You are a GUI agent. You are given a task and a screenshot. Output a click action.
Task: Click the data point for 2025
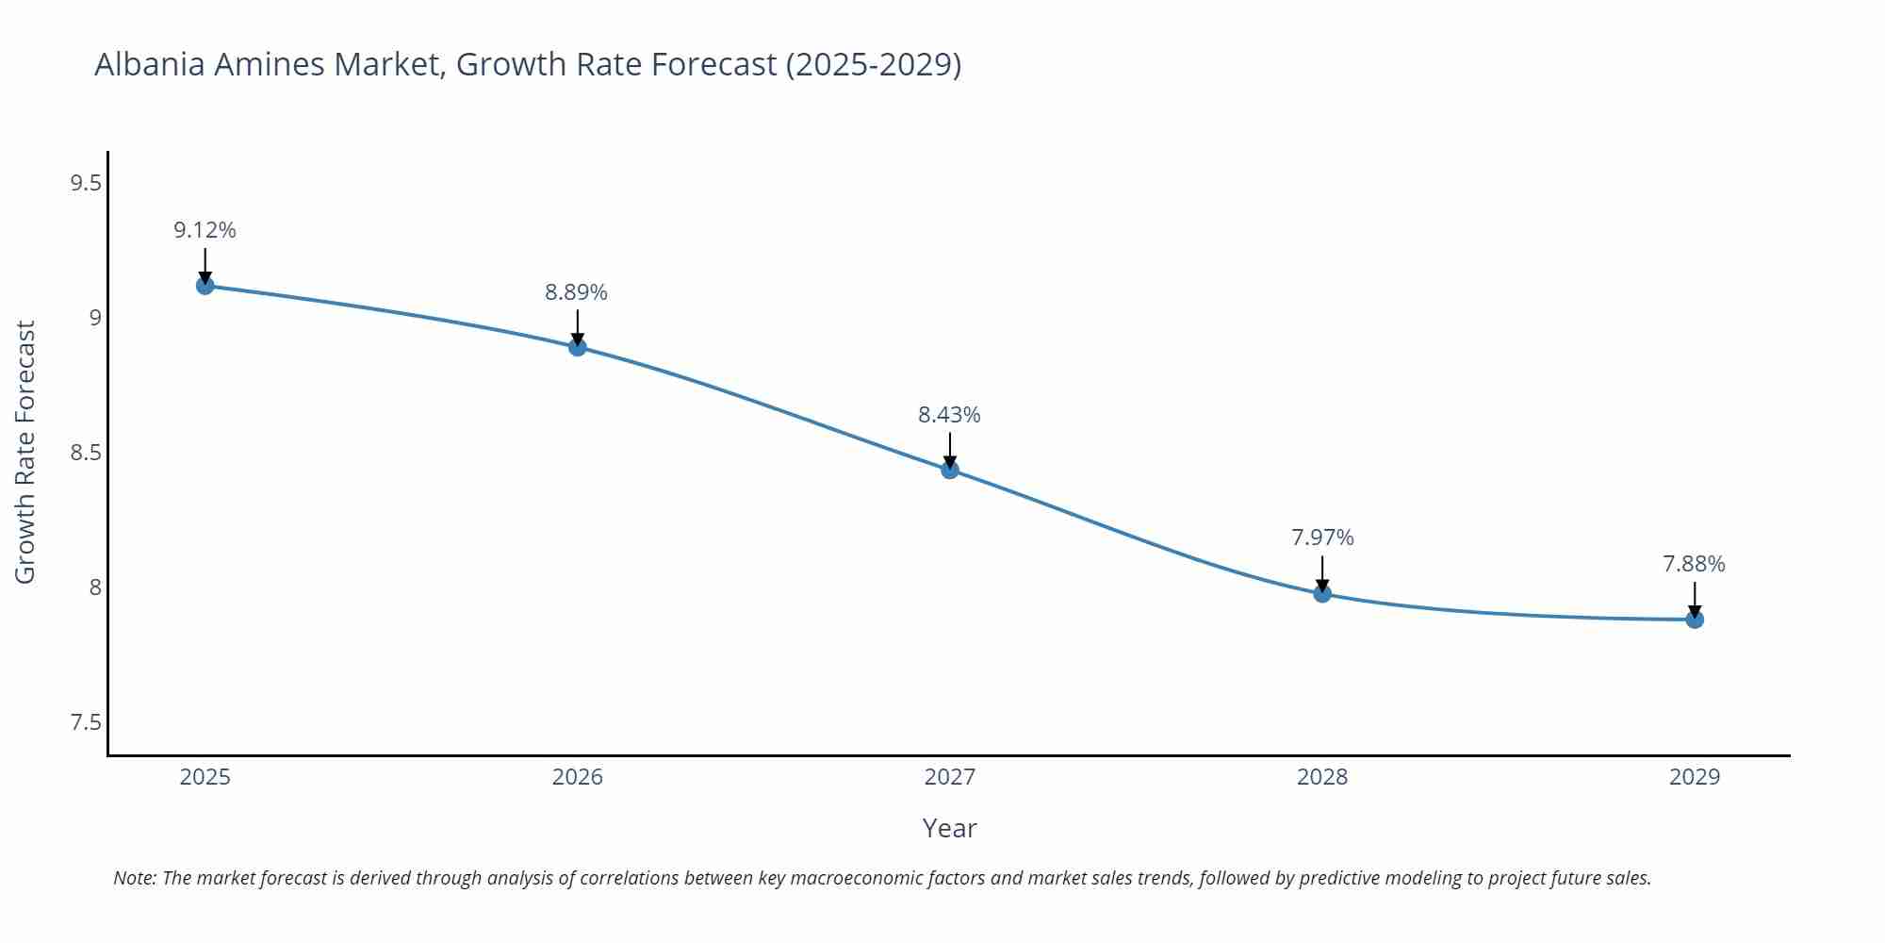coord(205,285)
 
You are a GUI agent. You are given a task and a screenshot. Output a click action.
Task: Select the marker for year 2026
coord(578,347)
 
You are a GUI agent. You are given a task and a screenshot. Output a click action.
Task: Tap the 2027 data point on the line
coord(950,470)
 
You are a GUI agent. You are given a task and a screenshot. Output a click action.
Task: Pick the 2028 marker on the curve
coord(1322,593)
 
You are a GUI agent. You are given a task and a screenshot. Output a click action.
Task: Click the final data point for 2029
coord(1695,620)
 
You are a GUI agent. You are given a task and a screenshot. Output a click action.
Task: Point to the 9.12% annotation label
coord(205,230)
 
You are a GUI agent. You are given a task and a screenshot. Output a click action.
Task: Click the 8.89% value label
coord(576,292)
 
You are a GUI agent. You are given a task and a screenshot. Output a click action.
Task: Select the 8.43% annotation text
coord(949,415)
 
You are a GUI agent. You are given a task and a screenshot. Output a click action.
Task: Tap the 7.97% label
coord(1322,538)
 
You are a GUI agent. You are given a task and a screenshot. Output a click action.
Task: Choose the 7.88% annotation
coord(1694,564)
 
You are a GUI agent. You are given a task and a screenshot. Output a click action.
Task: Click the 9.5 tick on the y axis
coord(86,183)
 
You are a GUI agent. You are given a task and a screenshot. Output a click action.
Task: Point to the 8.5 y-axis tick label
coord(86,453)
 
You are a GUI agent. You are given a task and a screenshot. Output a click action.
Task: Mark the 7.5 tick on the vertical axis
coord(86,722)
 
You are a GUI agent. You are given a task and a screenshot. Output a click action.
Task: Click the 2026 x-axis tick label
coord(578,777)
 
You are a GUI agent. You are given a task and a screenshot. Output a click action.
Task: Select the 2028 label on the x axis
coord(1322,777)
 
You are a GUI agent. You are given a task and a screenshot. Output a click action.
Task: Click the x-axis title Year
coord(949,828)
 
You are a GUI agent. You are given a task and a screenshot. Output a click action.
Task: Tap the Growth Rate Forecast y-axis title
coord(25,453)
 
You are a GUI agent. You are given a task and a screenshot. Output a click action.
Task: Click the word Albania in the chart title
coord(150,64)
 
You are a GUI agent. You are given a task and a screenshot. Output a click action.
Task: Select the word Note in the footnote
coord(135,878)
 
